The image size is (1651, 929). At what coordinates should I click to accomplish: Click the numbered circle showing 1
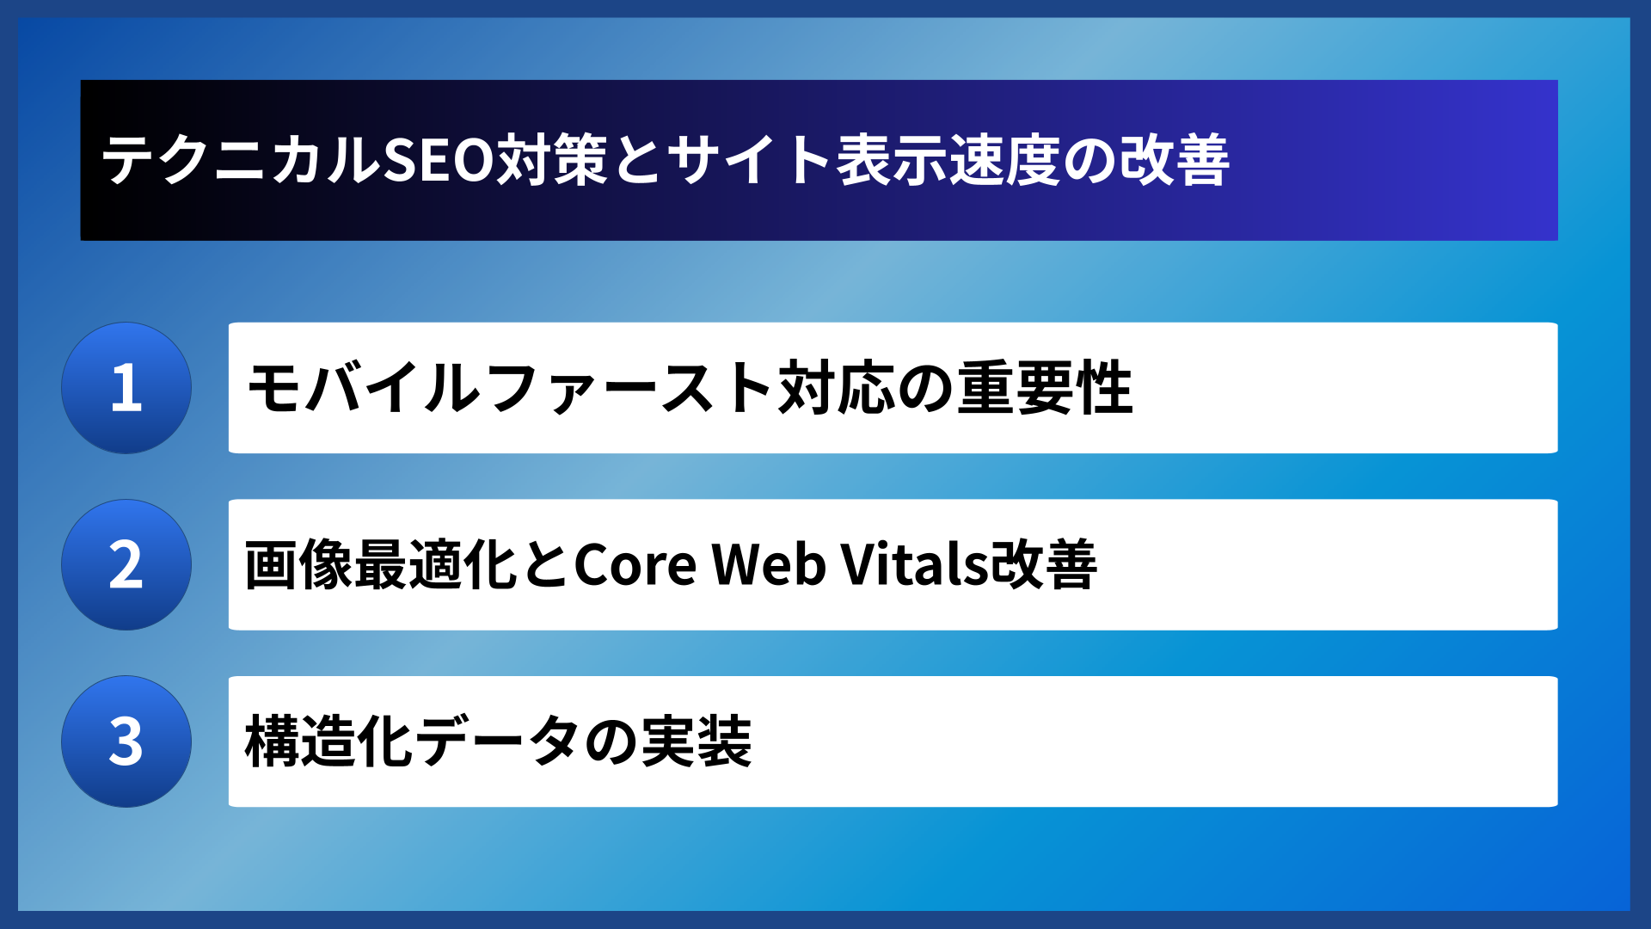coord(126,388)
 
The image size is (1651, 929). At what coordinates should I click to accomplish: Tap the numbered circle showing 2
coord(126,565)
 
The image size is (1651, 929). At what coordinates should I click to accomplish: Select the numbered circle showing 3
coord(126,741)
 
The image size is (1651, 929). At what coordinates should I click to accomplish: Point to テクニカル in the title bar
coord(241,160)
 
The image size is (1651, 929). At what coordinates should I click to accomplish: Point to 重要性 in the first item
coord(1046,388)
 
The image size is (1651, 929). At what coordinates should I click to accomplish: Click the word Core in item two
coord(635,565)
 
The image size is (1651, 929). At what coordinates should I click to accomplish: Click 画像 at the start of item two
coord(298,565)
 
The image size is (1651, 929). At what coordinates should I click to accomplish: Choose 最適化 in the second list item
coord(435,565)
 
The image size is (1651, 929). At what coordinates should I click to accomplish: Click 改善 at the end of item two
coord(1044,565)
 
